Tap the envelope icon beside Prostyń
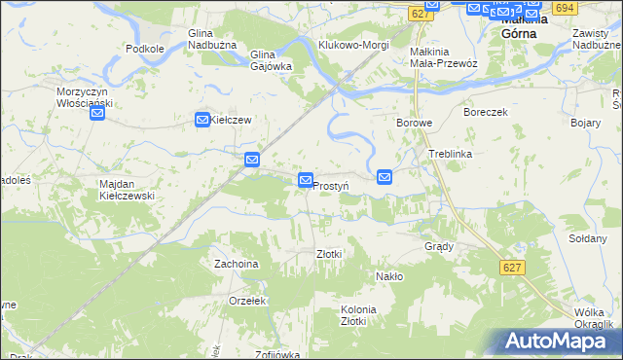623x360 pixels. [306, 181]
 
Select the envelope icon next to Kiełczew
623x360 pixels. [202, 120]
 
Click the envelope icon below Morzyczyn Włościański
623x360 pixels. [97, 114]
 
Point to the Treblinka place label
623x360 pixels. [450, 155]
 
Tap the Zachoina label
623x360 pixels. [237, 264]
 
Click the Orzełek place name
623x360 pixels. [248, 301]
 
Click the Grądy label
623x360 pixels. [439, 246]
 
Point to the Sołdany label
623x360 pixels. [587, 238]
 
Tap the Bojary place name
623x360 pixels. [585, 124]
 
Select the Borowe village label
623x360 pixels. [415, 124]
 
